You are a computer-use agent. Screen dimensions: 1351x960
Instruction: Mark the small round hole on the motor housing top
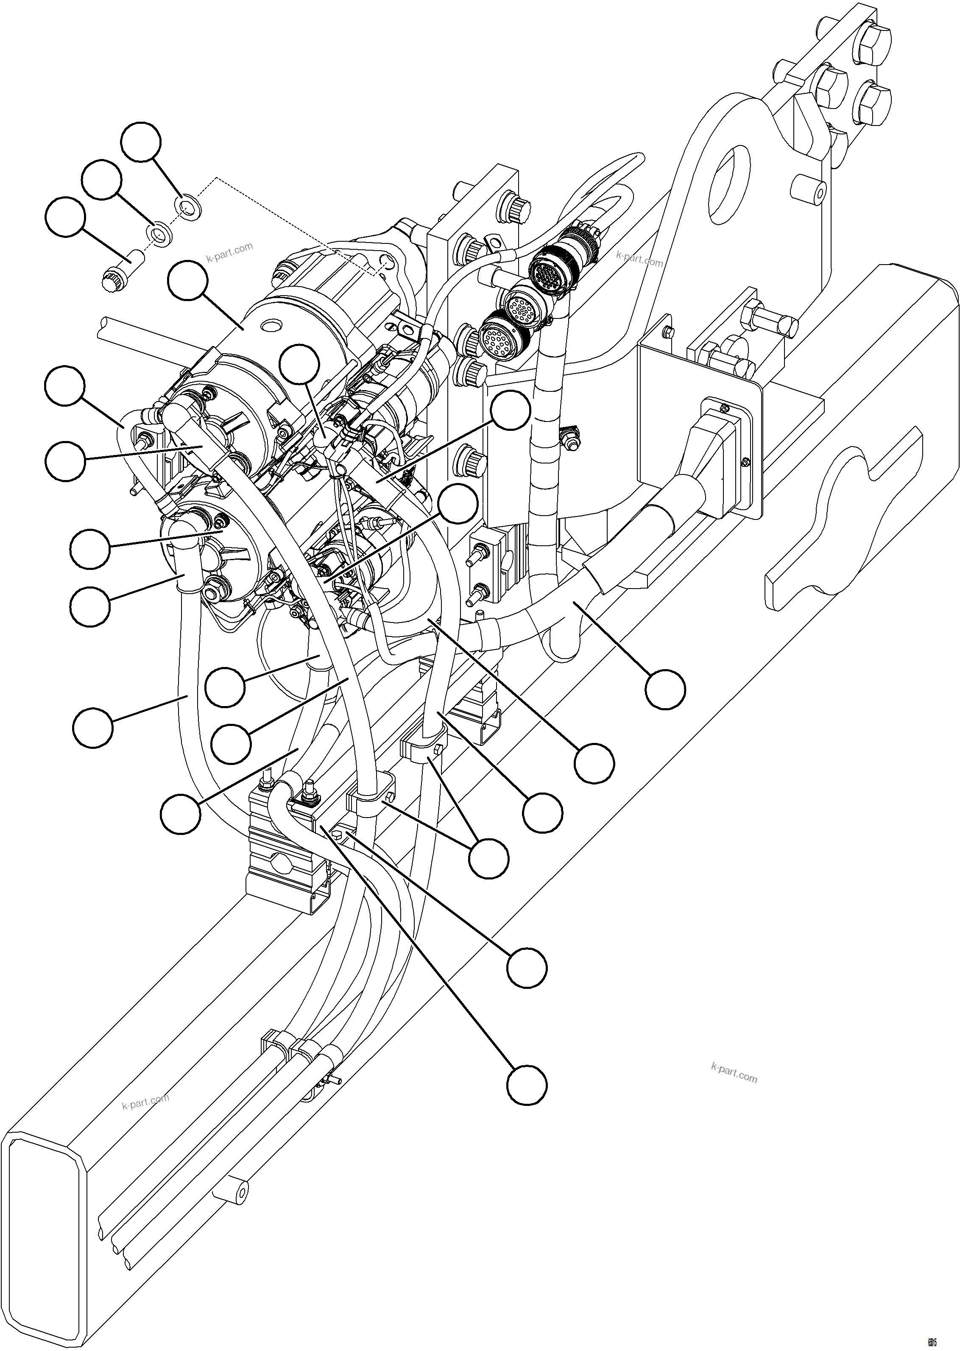pyautogui.click(x=273, y=325)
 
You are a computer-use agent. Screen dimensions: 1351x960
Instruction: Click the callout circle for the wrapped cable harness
pyautogui.click(x=665, y=689)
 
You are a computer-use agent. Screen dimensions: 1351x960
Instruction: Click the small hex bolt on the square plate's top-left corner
pyautogui.click(x=668, y=331)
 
